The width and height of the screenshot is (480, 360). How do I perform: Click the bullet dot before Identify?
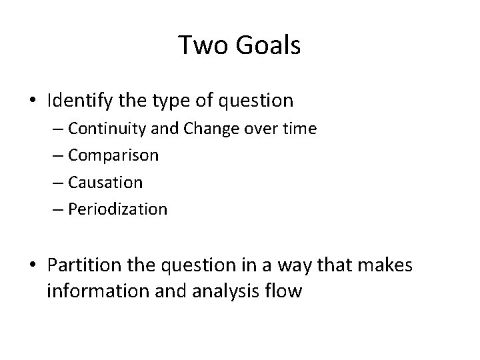tap(34, 101)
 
